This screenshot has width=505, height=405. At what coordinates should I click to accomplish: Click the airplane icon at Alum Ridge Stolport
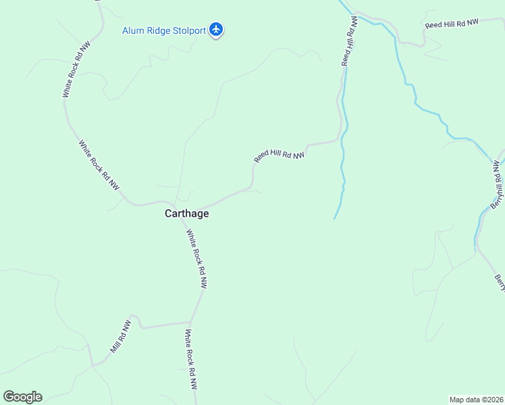216,29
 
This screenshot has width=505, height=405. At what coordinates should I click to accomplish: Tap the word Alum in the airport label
133,30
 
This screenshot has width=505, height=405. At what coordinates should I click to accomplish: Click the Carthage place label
187,213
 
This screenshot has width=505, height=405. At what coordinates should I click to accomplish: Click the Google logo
22,397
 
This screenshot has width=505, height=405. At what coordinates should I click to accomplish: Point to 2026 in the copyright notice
494,399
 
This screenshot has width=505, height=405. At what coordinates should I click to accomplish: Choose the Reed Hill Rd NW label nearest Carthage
280,156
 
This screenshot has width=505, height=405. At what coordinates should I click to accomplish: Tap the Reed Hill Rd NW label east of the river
452,24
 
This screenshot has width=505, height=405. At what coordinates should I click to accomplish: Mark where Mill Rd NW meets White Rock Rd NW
192,322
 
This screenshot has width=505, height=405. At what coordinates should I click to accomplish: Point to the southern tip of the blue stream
335,218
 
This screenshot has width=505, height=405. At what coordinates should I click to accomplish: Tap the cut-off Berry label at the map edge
499,283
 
